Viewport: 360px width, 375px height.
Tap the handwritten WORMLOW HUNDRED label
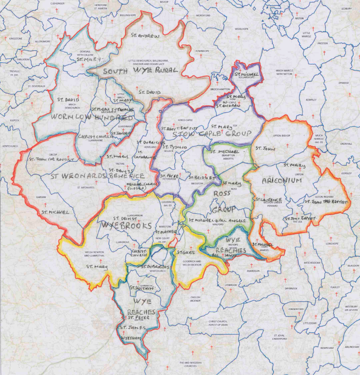[x=92, y=118]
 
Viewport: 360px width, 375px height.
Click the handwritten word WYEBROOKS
[x=127, y=225]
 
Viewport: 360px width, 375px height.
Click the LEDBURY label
[x=346, y=8]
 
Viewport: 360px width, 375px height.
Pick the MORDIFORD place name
[x=204, y=16]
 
